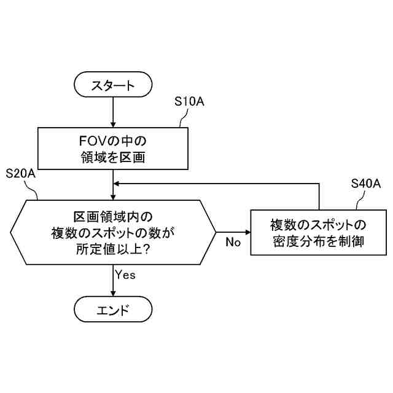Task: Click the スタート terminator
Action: point(113,85)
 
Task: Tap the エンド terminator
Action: point(113,309)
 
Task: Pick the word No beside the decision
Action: point(233,242)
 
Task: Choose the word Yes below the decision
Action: point(125,274)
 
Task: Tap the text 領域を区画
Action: point(113,157)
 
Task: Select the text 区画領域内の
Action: point(113,217)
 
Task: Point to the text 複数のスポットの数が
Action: point(113,233)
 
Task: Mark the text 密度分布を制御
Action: point(318,241)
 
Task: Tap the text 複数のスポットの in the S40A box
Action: point(318,225)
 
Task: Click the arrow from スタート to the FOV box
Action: point(113,112)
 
